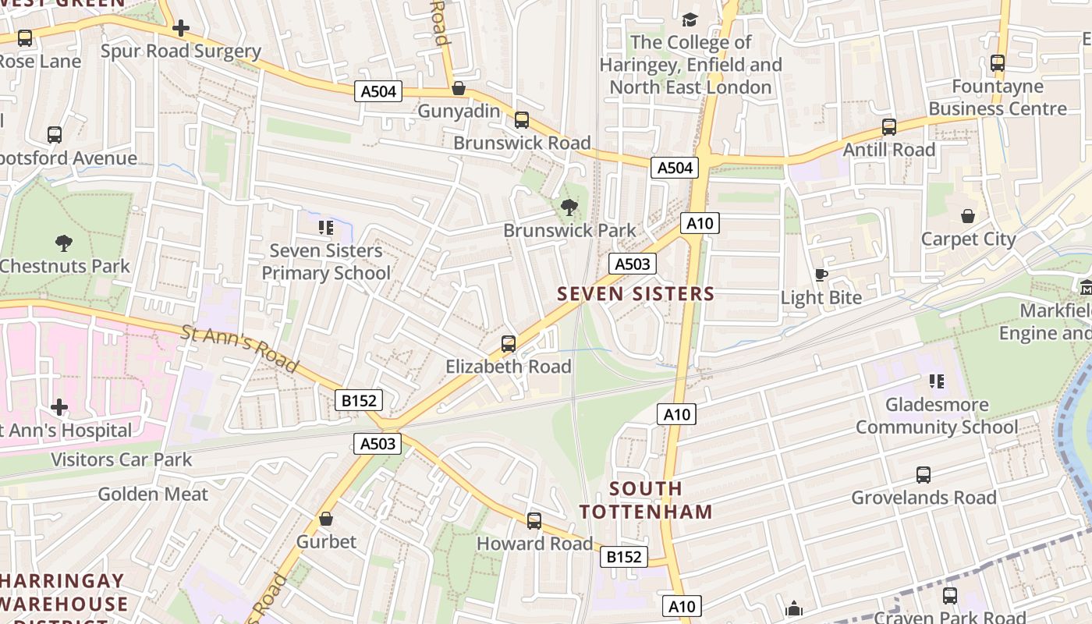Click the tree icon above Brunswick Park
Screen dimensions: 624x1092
569,207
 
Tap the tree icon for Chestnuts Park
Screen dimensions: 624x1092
64,243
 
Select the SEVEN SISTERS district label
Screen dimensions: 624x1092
636,294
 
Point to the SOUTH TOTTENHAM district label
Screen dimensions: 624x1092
646,501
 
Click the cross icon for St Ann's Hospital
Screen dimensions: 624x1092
59,407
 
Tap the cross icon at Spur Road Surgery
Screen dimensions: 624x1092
181,29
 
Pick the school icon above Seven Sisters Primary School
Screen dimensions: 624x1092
326,228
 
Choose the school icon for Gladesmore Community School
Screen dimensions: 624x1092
937,381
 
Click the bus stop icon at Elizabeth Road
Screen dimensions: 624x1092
509,343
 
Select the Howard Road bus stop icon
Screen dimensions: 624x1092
534,520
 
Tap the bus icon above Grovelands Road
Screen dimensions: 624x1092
924,474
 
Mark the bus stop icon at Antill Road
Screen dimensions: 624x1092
889,126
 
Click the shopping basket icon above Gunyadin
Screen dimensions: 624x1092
459,88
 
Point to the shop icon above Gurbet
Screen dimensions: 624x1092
326,519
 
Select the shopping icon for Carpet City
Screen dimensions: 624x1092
968,216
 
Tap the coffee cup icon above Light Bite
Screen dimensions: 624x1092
821,275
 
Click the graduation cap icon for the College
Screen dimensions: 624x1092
690,19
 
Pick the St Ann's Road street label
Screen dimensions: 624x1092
240,349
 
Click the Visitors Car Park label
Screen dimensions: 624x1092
121,459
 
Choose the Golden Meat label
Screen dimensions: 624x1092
153,494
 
